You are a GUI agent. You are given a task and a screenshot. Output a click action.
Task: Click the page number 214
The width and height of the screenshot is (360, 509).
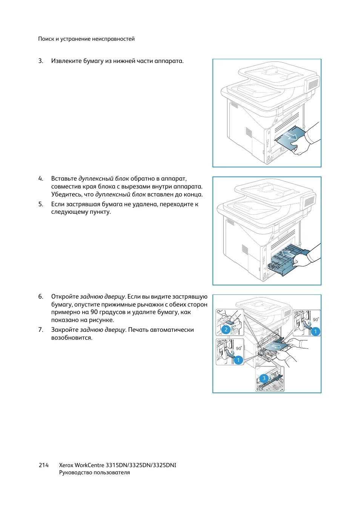pos(43,465)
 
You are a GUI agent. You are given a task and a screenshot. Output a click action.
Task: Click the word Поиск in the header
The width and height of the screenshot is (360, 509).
pos(46,39)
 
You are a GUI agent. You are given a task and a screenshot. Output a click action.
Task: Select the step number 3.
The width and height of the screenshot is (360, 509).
pos(41,61)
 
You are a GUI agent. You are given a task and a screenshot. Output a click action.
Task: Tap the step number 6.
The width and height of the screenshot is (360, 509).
pos(41,297)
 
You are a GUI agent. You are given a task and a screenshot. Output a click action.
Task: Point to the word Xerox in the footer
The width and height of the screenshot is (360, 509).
pos(66,465)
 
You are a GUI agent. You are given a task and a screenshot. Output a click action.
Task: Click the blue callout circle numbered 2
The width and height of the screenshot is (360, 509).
pos(226,330)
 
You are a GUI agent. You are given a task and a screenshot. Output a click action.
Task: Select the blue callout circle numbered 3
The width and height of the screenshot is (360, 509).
pos(264,378)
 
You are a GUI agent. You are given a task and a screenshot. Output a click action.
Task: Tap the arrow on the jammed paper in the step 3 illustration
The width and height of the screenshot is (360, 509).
pos(291,135)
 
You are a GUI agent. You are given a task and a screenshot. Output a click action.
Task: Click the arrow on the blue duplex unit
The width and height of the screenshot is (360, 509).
pos(288,253)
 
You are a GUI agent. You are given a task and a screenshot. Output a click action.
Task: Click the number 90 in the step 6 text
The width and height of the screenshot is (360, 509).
pos(94,312)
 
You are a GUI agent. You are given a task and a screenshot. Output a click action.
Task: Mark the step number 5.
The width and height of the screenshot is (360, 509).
pos(41,204)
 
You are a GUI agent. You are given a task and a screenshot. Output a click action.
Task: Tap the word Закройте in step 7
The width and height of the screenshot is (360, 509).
pos(65,330)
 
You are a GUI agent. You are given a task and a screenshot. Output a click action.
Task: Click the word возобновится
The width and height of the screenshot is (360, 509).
pos(72,338)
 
